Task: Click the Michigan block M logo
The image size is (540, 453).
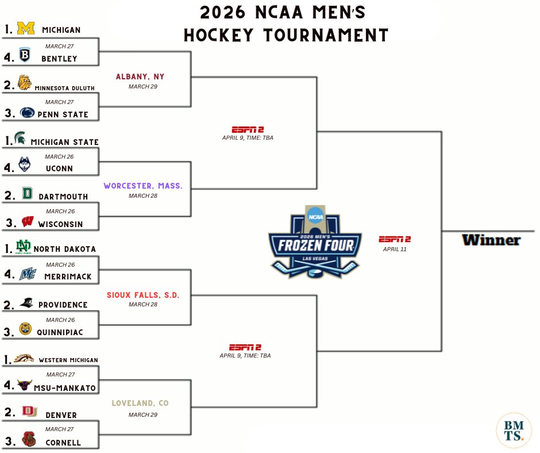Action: (x=25, y=28)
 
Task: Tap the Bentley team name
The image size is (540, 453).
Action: (x=59, y=59)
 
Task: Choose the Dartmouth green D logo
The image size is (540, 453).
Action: (x=27, y=194)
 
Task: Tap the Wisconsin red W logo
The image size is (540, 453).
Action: (x=26, y=222)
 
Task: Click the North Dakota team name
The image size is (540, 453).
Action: (x=65, y=249)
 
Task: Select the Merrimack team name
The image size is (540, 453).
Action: (x=67, y=277)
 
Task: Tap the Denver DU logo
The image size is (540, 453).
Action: (x=27, y=412)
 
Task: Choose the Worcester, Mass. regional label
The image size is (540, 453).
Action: (x=143, y=186)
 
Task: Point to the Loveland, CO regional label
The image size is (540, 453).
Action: (x=140, y=404)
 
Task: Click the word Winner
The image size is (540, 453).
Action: (x=491, y=240)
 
